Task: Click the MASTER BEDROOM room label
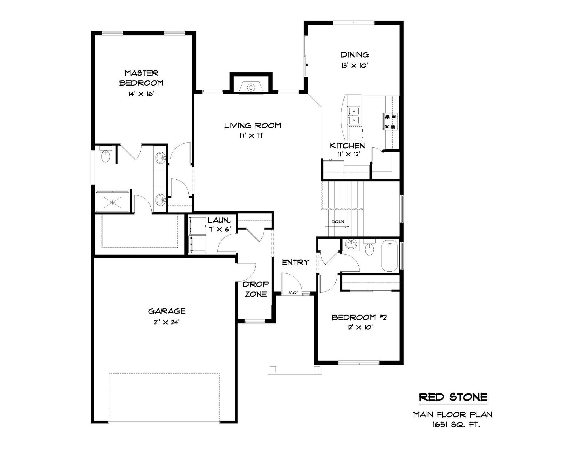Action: click(141, 78)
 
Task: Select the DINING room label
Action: click(355, 55)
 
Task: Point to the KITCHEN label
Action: click(347, 146)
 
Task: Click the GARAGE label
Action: click(167, 311)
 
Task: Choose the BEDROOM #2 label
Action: click(359, 318)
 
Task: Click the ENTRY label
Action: click(296, 262)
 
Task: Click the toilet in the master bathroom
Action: click(106, 154)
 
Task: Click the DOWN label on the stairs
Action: click(338, 222)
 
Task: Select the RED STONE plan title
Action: click(453, 397)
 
